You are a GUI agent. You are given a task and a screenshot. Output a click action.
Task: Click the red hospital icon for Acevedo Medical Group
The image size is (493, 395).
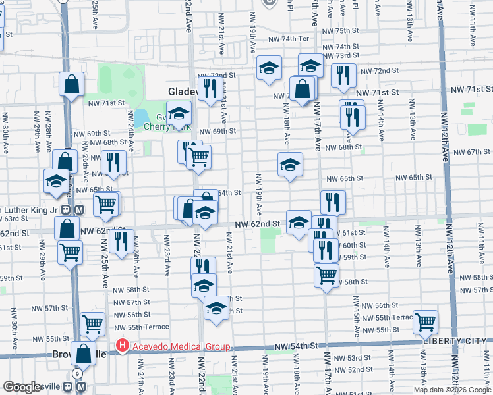[121, 345]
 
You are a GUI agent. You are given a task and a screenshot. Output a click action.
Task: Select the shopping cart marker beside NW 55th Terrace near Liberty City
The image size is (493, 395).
[425, 322]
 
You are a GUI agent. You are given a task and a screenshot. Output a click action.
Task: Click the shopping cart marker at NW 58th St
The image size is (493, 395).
[326, 276]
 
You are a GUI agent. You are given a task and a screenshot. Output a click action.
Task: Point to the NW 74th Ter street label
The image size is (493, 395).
[288, 39]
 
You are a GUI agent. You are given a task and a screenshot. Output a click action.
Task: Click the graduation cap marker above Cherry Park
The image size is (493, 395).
[178, 114]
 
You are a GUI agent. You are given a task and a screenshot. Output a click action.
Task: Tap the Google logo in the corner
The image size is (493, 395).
[22, 387]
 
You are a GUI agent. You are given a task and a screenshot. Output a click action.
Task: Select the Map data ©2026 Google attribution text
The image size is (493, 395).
[451, 390]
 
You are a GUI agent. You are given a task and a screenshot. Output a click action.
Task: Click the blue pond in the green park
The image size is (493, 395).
[141, 117]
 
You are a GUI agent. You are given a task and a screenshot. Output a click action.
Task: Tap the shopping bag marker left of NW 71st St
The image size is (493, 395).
[71, 84]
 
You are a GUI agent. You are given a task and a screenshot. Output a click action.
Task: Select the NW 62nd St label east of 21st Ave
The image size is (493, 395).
[259, 224]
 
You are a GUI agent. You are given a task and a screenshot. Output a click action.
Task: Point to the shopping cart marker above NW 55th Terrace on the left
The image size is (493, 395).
[92, 323]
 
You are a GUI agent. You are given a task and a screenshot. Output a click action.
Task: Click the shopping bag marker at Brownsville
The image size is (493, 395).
[84, 353]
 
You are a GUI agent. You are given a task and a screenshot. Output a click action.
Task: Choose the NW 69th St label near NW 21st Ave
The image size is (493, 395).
[217, 132]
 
